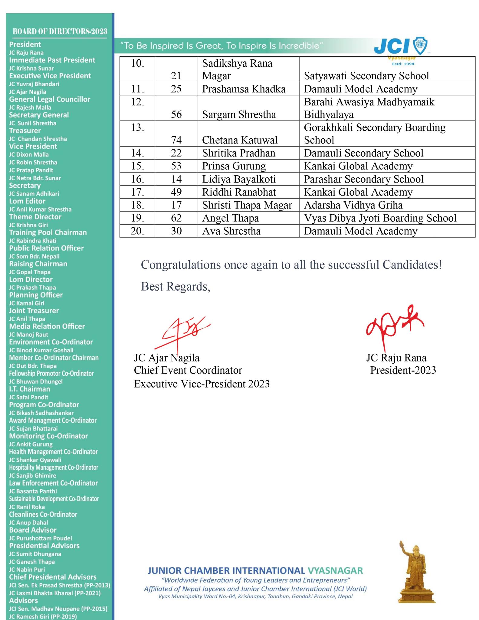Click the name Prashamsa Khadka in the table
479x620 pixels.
(x=244, y=89)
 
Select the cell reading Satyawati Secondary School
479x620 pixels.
(x=366, y=76)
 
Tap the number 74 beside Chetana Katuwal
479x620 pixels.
(x=176, y=140)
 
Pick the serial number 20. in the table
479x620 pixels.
(x=137, y=231)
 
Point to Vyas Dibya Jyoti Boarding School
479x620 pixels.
(x=380, y=218)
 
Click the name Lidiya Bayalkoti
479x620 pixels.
(x=239, y=179)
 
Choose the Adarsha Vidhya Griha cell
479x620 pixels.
(x=353, y=205)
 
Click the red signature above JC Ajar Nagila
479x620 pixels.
(x=182, y=331)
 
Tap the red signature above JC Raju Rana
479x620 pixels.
(x=393, y=325)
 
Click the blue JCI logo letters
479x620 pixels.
(x=392, y=46)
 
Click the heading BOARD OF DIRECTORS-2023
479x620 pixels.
(x=60, y=31)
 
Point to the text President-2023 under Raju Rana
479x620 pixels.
(x=403, y=370)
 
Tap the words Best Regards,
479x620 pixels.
(x=176, y=286)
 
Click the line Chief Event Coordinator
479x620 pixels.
(x=188, y=370)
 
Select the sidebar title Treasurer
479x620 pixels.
(x=25, y=131)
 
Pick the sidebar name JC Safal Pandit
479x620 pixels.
(x=28, y=397)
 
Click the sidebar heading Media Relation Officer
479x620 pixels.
(x=47, y=326)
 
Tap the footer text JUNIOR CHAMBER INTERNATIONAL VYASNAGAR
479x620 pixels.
(x=255, y=571)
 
